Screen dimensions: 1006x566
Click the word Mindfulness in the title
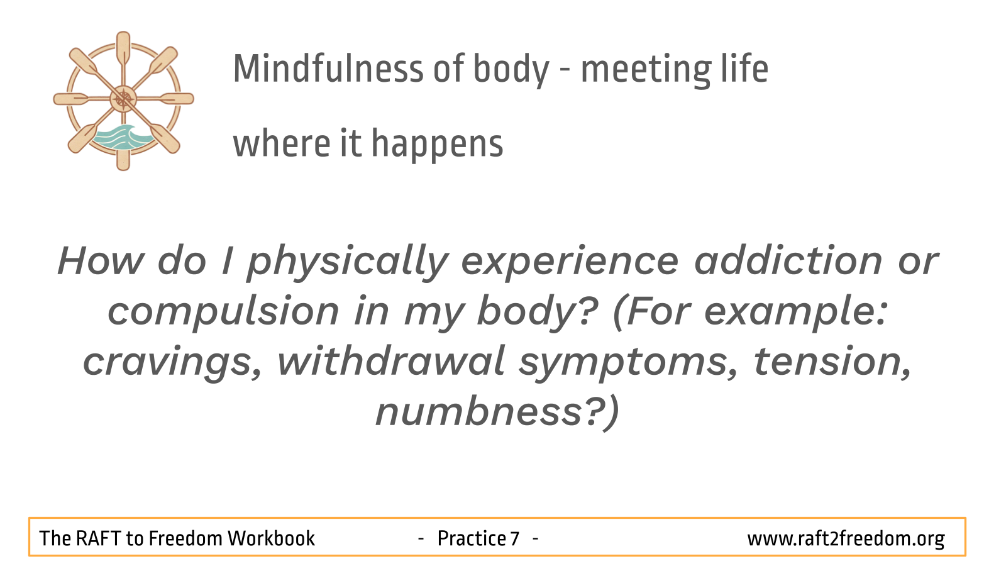tap(328, 69)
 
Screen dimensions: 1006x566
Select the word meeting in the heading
tap(646, 70)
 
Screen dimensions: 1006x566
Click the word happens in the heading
tap(438, 144)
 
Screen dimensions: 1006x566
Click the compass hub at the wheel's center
tap(123, 99)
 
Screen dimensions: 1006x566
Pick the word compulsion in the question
tap(223, 312)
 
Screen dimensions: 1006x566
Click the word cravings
tap(172, 362)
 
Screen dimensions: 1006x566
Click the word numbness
tap(478, 412)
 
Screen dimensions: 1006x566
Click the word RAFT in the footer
tap(98, 538)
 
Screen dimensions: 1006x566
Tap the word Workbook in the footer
tap(271, 538)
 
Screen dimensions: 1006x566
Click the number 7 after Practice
tap(515, 538)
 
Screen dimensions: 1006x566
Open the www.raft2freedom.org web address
tap(846, 539)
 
